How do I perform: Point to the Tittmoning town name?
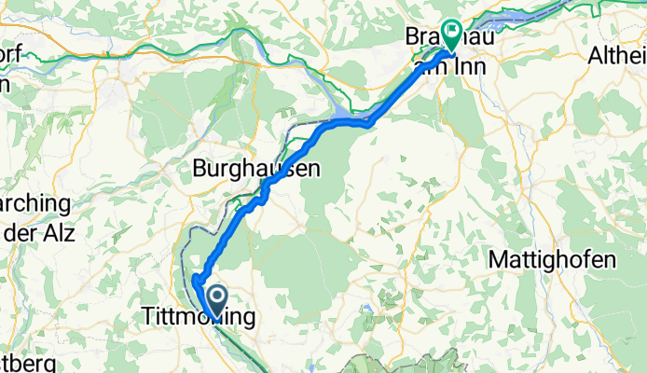coord(198,318)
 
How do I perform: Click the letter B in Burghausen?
coord(199,170)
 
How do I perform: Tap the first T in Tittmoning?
coord(146,318)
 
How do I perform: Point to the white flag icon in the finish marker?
coord(453,31)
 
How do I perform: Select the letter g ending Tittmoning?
coord(247,320)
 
